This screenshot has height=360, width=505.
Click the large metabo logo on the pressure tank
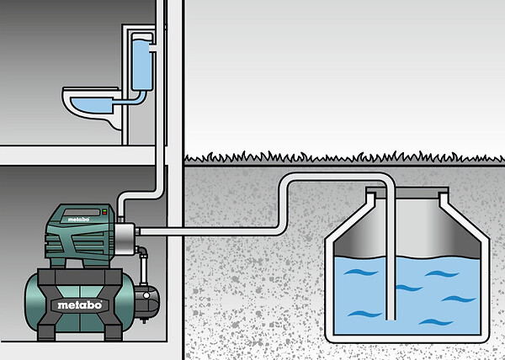tap(80, 304)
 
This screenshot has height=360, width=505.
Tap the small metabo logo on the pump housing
tap(78, 220)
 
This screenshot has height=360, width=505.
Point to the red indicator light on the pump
tap(104, 213)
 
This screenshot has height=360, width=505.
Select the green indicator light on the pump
tap(104, 210)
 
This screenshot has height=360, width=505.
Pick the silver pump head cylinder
tap(125, 239)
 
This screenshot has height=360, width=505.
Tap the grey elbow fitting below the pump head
tap(141, 251)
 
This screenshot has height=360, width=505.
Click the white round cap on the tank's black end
tap(146, 295)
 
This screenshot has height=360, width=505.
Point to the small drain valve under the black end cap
tap(144, 320)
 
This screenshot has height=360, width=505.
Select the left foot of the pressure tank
tap(46, 332)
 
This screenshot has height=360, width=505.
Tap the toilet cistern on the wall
tap(141, 61)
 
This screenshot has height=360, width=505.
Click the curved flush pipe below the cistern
tap(130, 100)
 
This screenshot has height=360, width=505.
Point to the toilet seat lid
tap(91, 88)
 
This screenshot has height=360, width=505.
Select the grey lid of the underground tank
tap(407, 193)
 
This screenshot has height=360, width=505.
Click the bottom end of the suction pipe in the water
tap(391, 318)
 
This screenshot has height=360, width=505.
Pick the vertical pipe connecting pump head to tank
tap(143, 269)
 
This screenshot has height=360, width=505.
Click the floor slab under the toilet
tap(77, 156)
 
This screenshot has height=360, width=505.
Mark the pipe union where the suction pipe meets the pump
tap(137, 231)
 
